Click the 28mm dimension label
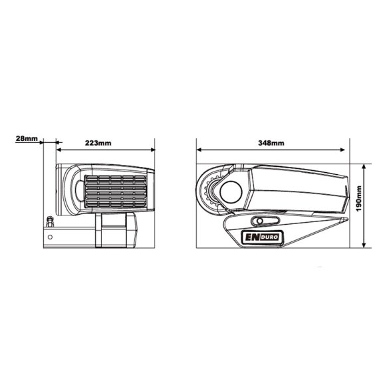26,139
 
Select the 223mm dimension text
98,143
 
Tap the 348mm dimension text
271,143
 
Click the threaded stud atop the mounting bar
49,221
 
